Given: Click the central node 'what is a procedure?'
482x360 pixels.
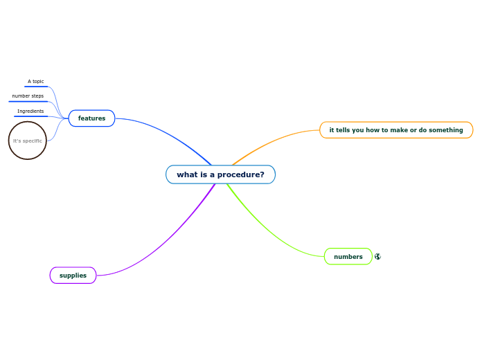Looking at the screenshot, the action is pyautogui.click(x=220, y=174).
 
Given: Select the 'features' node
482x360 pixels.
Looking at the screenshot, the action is pyautogui.click(x=91, y=118).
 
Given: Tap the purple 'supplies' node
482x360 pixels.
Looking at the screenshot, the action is pyautogui.click(x=73, y=276).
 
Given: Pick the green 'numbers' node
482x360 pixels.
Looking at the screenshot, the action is pyautogui.click(x=348, y=257).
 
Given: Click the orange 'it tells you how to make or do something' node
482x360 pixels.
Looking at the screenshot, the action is pyautogui.click(x=396, y=130).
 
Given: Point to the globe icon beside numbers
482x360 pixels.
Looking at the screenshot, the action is pyautogui.click(x=377, y=257).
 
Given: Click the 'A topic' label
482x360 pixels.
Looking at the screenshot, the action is pyautogui.click(x=35, y=82).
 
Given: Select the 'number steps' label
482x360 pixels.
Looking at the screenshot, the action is pyautogui.click(x=28, y=96).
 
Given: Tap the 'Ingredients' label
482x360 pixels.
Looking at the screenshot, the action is pyautogui.click(x=30, y=111).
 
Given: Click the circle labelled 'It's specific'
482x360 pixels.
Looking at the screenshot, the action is pyautogui.click(x=28, y=141).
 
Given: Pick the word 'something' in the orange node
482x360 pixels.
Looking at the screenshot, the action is pyautogui.click(x=445, y=130).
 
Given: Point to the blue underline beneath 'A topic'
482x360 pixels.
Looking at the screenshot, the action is pyautogui.click(x=36, y=87).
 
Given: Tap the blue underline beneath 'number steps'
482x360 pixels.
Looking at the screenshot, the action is pyautogui.click(x=28, y=102).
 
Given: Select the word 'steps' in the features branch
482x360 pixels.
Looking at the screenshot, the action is pyautogui.click(x=36, y=96).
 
